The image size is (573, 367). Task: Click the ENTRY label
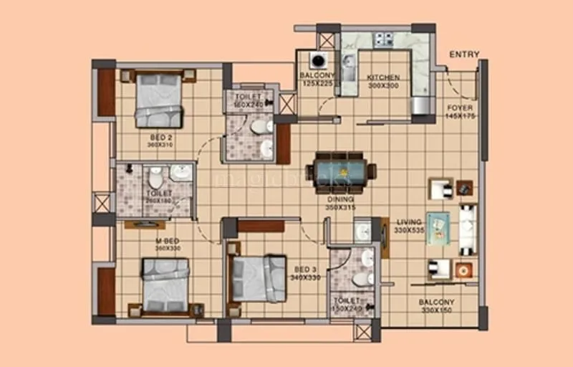(x=464, y=54)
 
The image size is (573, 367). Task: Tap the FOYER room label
(x=459, y=108)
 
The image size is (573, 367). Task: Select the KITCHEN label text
(x=383, y=77)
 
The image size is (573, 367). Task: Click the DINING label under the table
(x=340, y=199)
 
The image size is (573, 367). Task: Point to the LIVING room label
(x=410, y=222)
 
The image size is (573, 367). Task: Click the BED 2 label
(x=160, y=137)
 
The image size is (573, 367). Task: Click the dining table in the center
(x=341, y=171)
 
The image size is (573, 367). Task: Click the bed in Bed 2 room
(x=159, y=100)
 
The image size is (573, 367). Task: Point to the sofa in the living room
(x=468, y=229)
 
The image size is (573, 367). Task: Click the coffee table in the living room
(x=438, y=229)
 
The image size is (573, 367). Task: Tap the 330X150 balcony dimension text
(x=436, y=310)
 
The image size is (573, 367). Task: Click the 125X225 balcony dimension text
(x=317, y=84)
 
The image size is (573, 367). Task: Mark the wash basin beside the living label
(x=363, y=231)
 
